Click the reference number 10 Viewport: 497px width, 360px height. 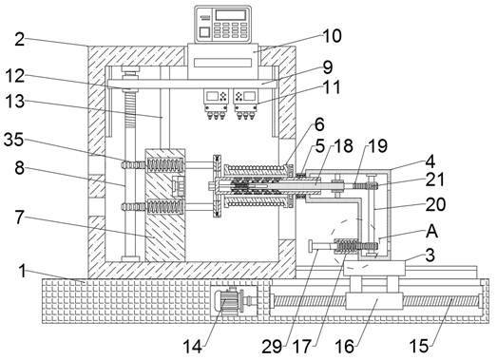click(333, 36)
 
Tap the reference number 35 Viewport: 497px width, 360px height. click(14, 139)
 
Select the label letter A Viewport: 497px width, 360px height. click(432, 231)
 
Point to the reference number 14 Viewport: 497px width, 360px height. click(193, 347)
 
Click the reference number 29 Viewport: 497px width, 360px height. click(272, 347)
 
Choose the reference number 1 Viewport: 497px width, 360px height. click(22, 272)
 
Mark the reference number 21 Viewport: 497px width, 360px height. click(435, 180)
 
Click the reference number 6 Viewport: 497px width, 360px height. click(319, 124)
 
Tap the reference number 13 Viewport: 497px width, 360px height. click(14, 101)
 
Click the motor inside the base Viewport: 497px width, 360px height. click(228, 303)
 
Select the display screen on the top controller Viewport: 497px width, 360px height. click(230, 14)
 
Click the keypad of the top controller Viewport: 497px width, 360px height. click(230, 29)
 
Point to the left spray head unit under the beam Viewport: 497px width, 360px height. click(217, 104)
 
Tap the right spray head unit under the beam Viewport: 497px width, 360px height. click(245, 104)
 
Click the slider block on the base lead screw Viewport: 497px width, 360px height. click(374, 301)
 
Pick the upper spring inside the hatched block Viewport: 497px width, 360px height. click(165, 165)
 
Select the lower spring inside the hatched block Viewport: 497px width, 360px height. click(165, 207)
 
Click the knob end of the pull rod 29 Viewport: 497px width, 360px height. click(312, 246)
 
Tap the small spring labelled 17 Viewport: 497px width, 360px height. click(347, 246)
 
